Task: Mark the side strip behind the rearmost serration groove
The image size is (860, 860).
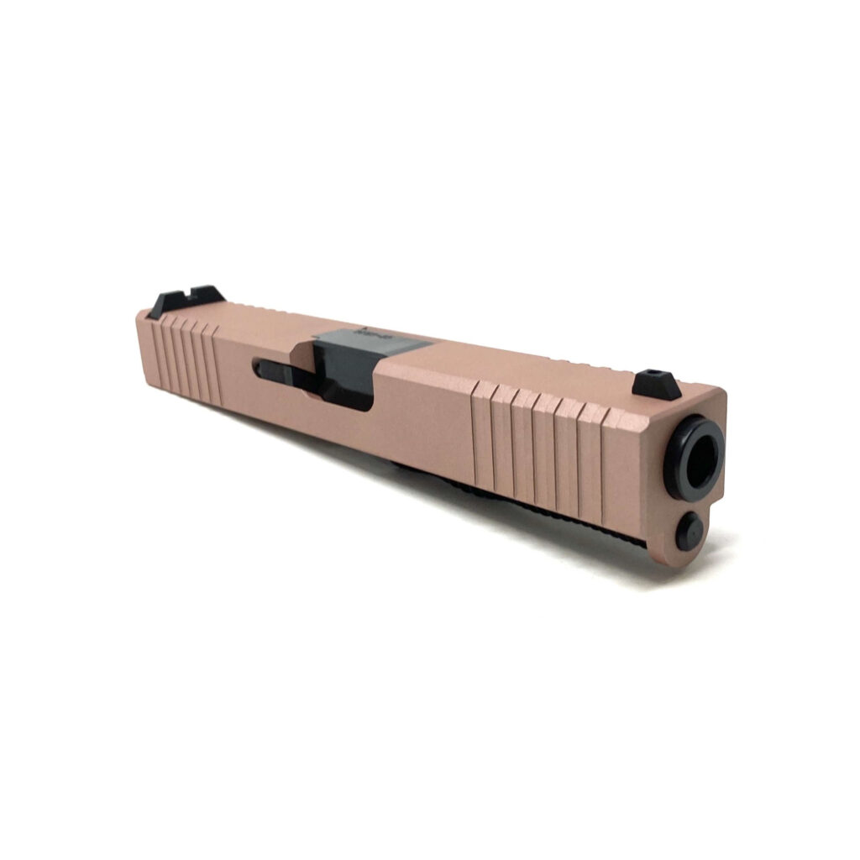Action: [149, 349]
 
